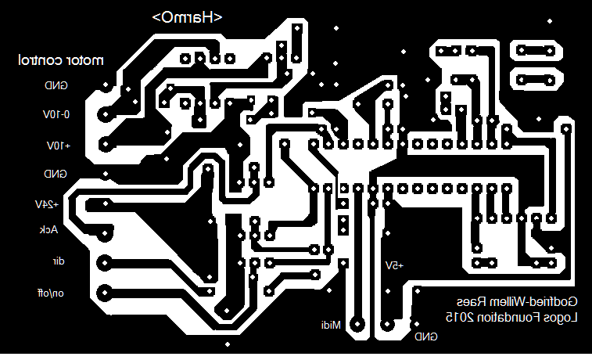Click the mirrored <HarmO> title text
188,17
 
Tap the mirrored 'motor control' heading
61,59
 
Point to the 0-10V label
56,114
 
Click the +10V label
58,146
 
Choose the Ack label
49,229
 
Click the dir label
57,261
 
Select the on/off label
51,293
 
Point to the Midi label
331,324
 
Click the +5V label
393,265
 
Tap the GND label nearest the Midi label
426,337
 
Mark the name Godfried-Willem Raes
517,301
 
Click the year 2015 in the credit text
461,317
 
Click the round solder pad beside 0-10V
104,114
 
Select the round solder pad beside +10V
105,145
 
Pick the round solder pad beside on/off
104,293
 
